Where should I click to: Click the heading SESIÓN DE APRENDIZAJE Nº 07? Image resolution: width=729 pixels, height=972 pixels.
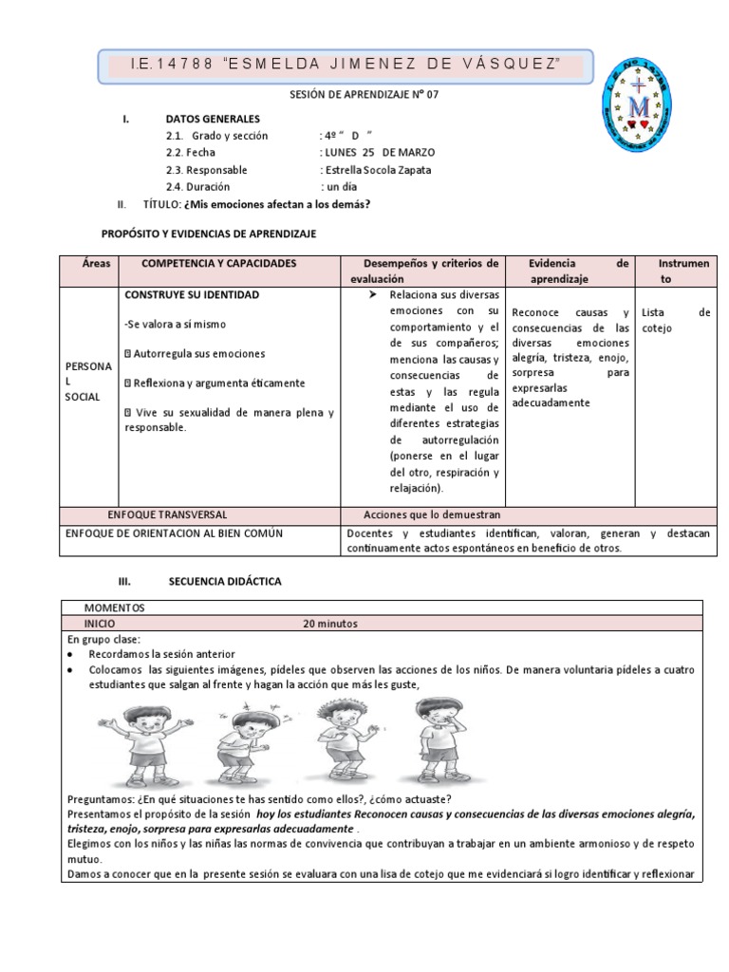(364, 95)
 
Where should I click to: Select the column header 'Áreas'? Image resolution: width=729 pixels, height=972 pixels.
(87, 263)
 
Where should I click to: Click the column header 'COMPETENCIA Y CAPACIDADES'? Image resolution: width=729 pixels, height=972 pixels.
(218, 263)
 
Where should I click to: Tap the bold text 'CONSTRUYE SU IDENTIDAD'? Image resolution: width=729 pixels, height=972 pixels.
(192, 295)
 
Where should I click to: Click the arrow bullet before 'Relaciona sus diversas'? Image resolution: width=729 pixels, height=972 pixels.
(372, 296)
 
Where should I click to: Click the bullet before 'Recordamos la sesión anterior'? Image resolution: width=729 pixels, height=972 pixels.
(72, 655)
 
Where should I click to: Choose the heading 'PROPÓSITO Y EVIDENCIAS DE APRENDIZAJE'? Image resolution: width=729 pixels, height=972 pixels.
(209, 233)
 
